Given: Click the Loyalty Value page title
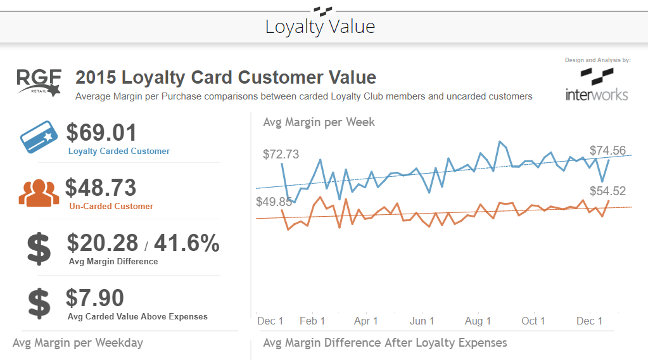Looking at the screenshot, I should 320,27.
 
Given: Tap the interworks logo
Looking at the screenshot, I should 597,85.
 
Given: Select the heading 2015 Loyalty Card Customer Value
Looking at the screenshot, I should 226,78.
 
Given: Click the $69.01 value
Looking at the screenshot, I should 101,133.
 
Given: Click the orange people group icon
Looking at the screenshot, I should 39,193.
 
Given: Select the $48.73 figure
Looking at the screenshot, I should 101,188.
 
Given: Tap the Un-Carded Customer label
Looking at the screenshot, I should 111,206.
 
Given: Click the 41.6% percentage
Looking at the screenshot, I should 187,243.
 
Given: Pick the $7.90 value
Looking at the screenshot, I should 94,298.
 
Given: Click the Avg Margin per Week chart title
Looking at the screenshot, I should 319,122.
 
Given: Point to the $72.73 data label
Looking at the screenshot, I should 281,155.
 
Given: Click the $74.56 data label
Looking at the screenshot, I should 607,151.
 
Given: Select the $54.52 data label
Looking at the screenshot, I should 607,191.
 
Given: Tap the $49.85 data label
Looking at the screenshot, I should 274,202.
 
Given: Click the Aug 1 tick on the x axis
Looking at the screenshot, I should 478,321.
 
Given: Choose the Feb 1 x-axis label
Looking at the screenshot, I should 312,321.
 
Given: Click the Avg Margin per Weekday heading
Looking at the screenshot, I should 78,343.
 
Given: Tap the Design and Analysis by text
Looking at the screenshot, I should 597,60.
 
